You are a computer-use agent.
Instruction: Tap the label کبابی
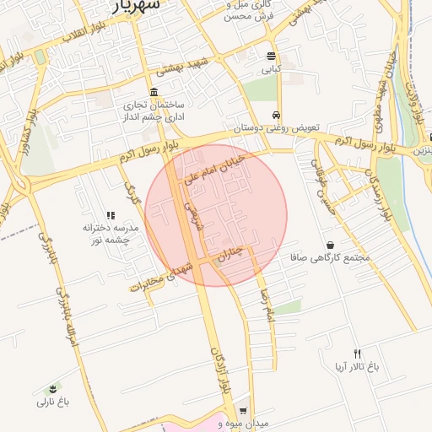pyautogui.click(x=270, y=70)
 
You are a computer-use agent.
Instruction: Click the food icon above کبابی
pyautogui.click(x=271, y=57)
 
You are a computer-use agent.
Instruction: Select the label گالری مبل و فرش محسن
pyautogui.click(x=251, y=9)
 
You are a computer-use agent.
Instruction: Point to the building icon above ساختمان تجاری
pyautogui.click(x=153, y=92)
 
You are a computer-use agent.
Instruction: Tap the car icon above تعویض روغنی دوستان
pyautogui.click(x=276, y=115)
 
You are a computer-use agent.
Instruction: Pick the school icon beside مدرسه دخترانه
pyautogui.click(x=111, y=216)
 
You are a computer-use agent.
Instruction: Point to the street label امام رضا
pyautogui.click(x=268, y=305)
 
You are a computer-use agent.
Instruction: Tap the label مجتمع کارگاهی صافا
pyautogui.click(x=329, y=257)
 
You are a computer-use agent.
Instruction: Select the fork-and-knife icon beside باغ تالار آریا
pyautogui.click(x=357, y=354)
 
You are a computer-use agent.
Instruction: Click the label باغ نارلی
pyautogui.click(x=52, y=402)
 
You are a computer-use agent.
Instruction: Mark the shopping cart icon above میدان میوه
pyautogui.click(x=243, y=410)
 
